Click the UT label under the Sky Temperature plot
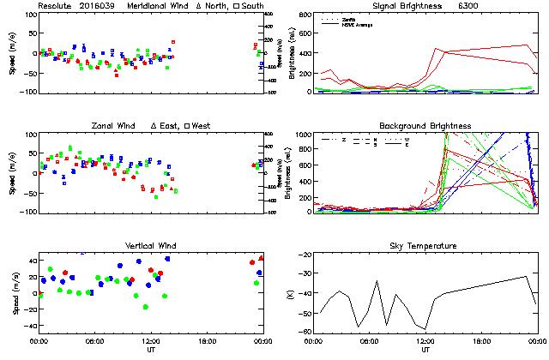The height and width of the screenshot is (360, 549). point(425,350)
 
